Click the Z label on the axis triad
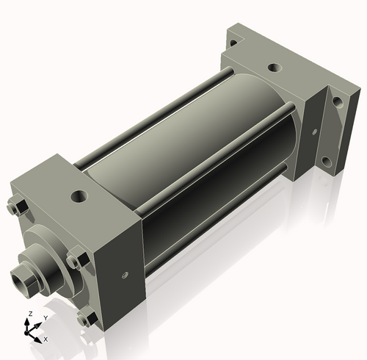[29, 314]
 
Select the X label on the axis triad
[46, 339]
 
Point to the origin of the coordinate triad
[32, 332]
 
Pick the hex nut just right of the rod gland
[74, 261]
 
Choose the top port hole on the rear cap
[273, 68]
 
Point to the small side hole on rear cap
[314, 132]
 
